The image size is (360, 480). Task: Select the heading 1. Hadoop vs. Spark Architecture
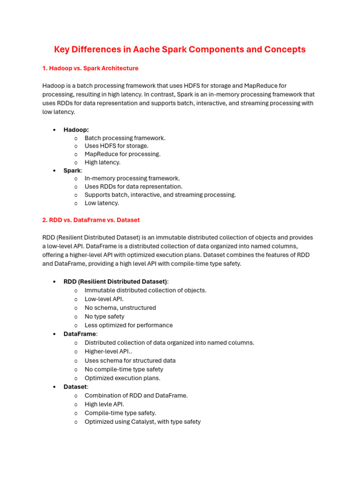(90, 68)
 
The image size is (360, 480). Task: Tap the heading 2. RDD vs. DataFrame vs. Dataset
(91, 220)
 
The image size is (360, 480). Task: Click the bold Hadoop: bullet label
(76, 130)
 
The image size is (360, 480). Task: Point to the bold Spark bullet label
(72, 171)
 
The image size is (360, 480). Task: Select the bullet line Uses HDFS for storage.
(116, 146)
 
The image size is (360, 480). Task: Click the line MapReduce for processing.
(122, 154)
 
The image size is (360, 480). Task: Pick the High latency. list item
(102, 162)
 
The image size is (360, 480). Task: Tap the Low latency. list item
(102, 203)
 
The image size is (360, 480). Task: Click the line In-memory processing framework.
(132, 178)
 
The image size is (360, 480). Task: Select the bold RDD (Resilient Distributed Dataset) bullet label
(115, 282)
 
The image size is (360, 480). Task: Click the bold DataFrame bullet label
(80, 334)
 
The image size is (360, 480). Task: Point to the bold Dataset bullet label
(75, 387)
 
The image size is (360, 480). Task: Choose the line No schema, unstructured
(120, 308)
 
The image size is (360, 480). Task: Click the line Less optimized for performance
(128, 325)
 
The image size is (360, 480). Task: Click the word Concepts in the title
(285, 49)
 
